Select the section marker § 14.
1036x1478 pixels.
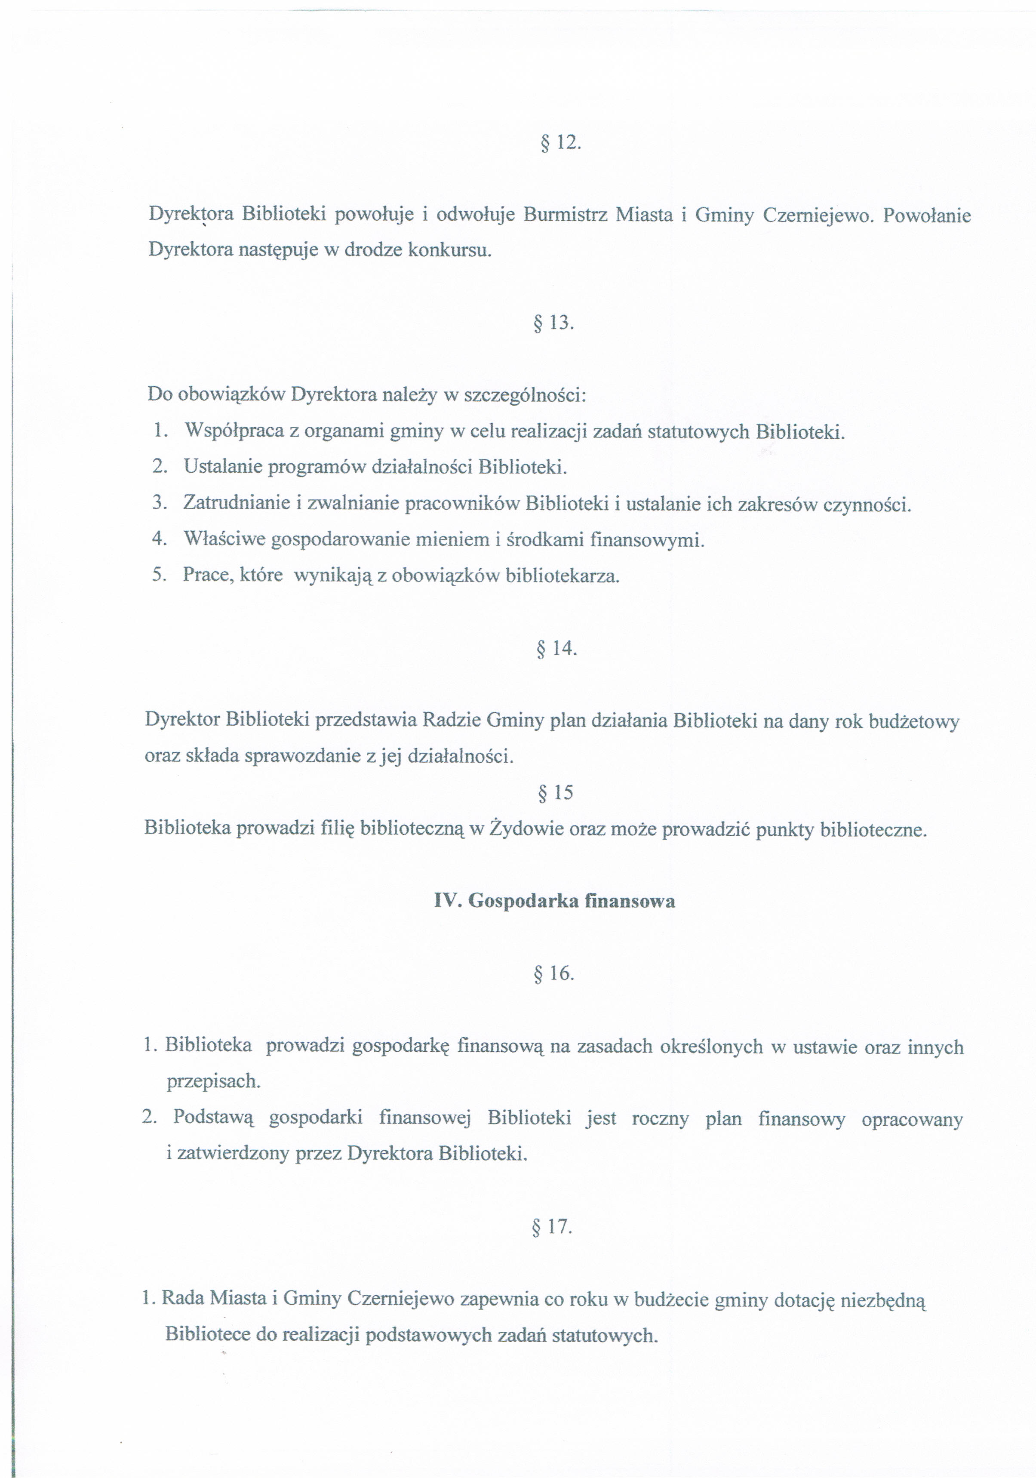pyautogui.click(x=556, y=648)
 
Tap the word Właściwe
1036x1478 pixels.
pyautogui.click(x=224, y=539)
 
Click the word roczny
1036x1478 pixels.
pyautogui.click(x=660, y=1119)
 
